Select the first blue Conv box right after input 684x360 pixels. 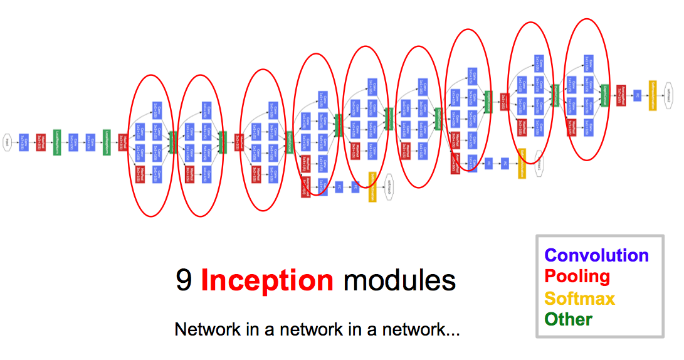24,142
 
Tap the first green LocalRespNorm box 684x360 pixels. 56,142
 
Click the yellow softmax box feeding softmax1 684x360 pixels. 522,163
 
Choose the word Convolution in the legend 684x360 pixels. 596,255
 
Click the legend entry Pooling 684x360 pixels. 577,277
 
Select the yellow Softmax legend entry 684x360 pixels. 579,298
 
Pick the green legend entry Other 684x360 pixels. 568,319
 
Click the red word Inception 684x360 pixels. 267,281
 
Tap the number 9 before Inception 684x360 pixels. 184,281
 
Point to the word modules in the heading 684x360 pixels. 399,281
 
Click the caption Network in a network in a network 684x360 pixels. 317,329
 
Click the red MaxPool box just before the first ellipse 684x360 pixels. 123,142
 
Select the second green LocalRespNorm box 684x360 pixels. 106,142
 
